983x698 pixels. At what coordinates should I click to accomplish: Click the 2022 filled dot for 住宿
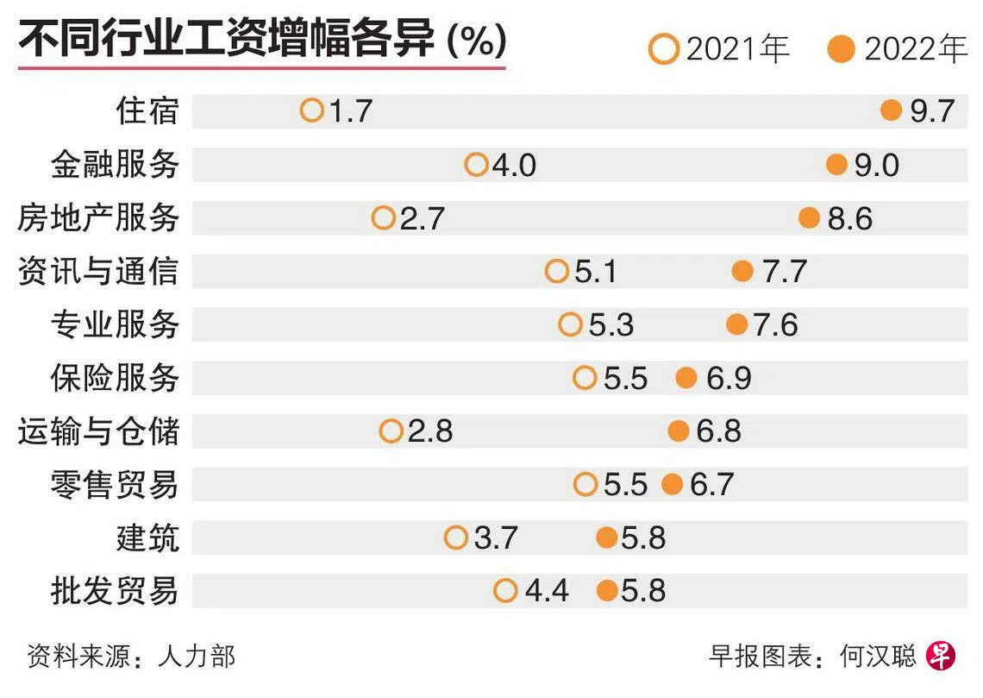click(891, 110)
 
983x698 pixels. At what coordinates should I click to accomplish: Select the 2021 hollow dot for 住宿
click(311, 110)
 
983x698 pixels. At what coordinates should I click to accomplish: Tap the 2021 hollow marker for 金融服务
click(476, 164)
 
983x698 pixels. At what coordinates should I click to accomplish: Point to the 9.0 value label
click(876, 165)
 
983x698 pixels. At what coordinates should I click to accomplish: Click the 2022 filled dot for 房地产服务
click(809, 218)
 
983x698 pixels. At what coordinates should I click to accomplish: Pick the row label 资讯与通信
click(98, 272)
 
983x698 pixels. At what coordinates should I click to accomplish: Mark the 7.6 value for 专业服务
click(775, 325)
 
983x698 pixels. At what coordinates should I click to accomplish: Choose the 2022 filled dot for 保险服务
click(686, 378)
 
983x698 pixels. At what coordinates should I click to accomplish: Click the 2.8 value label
click(430, 431)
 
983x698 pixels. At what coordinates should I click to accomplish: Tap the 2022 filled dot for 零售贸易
click(673, 484)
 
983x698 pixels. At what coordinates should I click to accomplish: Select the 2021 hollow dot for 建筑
click(456, 538)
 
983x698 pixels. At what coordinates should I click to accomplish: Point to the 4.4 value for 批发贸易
click(547, 591)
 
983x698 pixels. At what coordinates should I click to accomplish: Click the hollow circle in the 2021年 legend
click(664, 49)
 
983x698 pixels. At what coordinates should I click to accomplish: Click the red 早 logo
click(941, 657)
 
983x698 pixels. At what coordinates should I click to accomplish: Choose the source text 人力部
click(197, 657)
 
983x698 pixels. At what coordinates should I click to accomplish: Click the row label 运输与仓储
click(98, 431)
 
